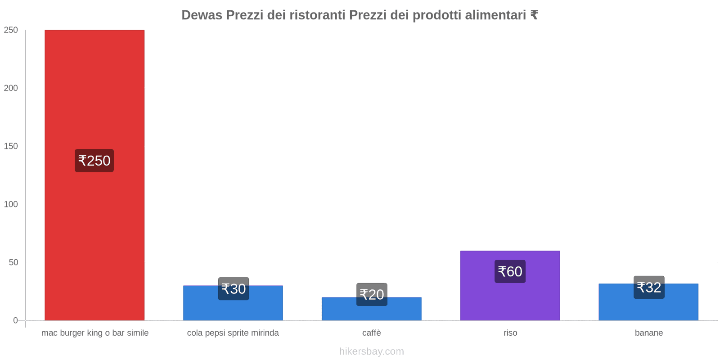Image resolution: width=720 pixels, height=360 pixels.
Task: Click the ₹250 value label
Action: click(94, 161)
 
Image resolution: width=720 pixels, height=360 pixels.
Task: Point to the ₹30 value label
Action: click(234, 289)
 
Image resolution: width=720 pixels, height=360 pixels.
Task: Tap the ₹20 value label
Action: click(372, 295)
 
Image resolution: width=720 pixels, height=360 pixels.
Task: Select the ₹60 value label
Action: click(510, 271)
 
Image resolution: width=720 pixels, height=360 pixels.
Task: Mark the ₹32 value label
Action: click(649, 287)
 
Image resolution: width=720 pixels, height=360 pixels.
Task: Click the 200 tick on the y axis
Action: click(11, 88)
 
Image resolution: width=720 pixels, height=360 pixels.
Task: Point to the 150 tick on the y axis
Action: click(11, 146)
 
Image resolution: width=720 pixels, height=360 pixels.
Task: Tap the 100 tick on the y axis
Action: click(11, 204)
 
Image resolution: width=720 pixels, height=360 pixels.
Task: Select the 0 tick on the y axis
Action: click(15, 320)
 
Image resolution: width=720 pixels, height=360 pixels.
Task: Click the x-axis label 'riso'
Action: click(510, 333)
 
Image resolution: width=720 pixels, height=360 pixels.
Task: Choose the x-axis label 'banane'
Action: click(648, 333)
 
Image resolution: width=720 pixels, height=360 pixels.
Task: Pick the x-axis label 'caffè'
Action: click(371, 333)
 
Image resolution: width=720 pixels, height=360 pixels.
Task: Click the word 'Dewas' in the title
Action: click(202, 15)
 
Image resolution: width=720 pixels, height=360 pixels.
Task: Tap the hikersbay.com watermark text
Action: click(371, 351)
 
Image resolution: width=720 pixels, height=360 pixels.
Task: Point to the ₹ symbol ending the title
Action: click(534, 15)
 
